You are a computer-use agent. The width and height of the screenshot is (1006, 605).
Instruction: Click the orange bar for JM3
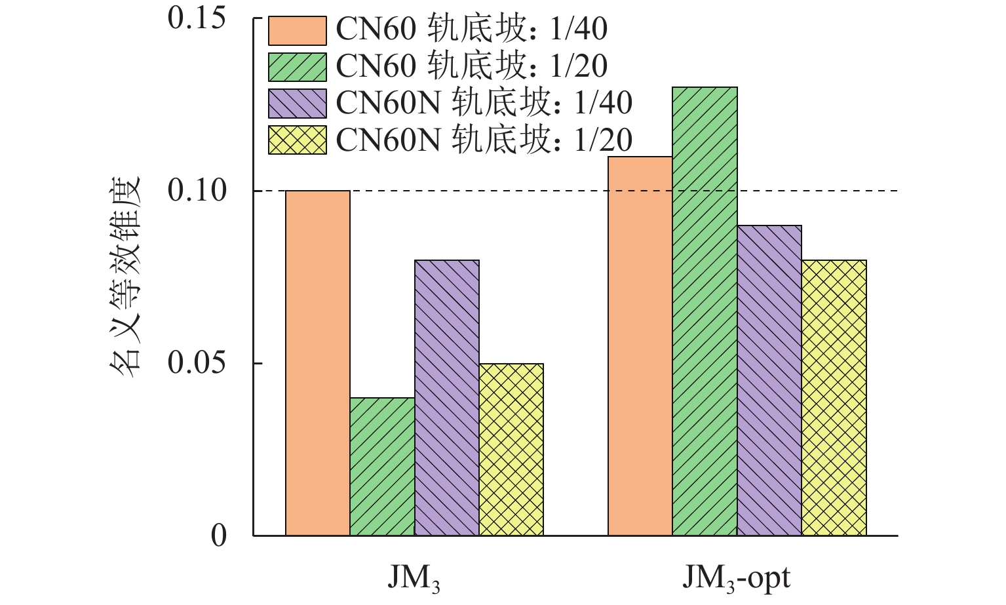(318, 363)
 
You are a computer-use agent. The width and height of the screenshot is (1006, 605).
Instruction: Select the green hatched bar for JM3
(382, 467)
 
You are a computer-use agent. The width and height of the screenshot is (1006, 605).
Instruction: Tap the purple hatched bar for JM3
(447, 398)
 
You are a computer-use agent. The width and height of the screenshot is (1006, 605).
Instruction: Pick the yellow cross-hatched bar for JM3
(511, 450)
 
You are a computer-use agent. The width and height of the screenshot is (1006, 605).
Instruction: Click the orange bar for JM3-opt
(640, 346)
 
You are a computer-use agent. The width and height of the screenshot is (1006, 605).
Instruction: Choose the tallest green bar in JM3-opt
(705, 311)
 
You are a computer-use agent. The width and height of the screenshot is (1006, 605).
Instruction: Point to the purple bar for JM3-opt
(769, 380)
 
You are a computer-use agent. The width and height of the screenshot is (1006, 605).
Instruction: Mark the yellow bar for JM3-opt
(834, 398)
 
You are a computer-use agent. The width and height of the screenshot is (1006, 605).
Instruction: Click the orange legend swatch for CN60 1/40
(297, 30)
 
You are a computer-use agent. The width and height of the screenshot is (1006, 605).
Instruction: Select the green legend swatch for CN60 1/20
(297, 67)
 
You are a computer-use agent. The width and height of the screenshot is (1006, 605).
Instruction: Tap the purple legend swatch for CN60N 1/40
(297, 103)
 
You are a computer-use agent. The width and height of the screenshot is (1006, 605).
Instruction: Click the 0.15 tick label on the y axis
(197, 18)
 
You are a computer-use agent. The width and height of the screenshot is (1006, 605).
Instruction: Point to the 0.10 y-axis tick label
(197, 191)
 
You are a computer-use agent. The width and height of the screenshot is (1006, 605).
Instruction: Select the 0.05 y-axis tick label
(197, 363)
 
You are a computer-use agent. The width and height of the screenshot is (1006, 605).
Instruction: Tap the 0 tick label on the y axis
(219, 536)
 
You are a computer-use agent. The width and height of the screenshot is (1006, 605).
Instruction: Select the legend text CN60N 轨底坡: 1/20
(484, 140)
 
